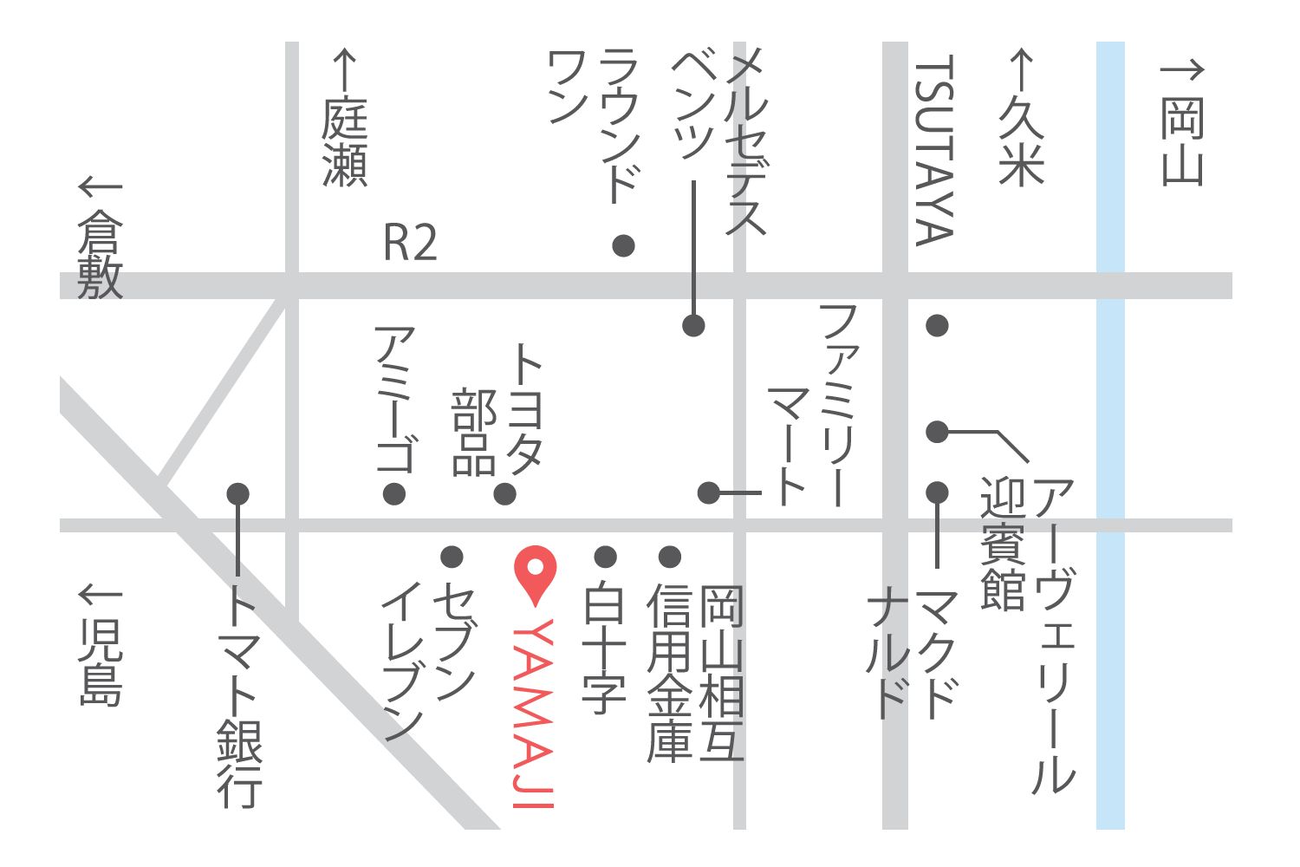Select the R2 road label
(410, 244)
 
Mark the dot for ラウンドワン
(623, 245)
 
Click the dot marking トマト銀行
(238, 493)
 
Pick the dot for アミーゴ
(394, 494)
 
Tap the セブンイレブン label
(429, 659)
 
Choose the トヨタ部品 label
(498, 412)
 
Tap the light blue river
(1110, 433)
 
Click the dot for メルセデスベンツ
(693, 325)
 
